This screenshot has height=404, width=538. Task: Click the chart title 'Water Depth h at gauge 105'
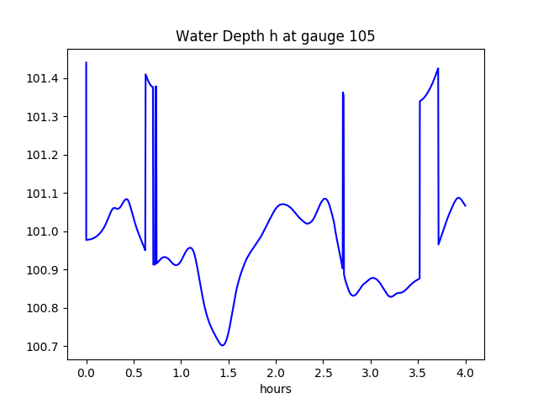click(x=275, y=37)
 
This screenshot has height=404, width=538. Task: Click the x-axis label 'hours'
click(x=275, y=390)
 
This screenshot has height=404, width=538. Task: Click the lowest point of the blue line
click(x=223, y=345)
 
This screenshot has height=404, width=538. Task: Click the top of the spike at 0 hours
click(x=87, y=63)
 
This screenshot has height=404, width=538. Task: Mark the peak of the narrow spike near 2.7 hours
click(x=343, y=93)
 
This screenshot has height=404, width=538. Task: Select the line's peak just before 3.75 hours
click(x=438, y=69)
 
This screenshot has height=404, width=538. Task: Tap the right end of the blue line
click(x=465, y=205)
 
